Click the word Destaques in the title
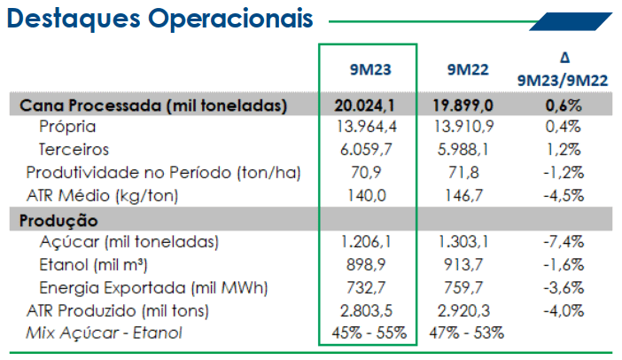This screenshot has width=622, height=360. tap(74, 19)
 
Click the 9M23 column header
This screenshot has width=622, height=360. tap(370, 70)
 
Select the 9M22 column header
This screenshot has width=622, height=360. tap(468, 70)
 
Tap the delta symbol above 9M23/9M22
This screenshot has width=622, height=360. tap(565, 58)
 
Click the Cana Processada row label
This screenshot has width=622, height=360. tap(153, 106)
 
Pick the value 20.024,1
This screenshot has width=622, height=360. tap(364, 106)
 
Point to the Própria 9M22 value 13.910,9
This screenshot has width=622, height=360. tap(464, 127)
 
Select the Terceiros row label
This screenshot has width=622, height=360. tap(74, 150)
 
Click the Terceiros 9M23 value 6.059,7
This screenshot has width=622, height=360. tap(366, 150)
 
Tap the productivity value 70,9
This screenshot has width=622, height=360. tap(366, 173)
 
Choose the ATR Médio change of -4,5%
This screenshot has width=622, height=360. tap(564, 196)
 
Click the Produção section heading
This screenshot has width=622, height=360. tap(58, 221)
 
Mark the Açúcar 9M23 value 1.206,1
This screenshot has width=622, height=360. tap(366, 242)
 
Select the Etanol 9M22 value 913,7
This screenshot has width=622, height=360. tap(463, 265)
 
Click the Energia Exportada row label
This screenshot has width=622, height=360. tap(153, 288)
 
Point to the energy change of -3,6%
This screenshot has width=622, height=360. tap(564, 288)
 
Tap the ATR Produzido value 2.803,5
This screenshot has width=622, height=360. tap(366, 310)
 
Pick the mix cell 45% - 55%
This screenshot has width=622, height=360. tap(369, 333)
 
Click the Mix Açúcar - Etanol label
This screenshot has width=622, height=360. tap(104, 333)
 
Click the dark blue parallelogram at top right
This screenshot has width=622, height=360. tap(571, 21)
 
